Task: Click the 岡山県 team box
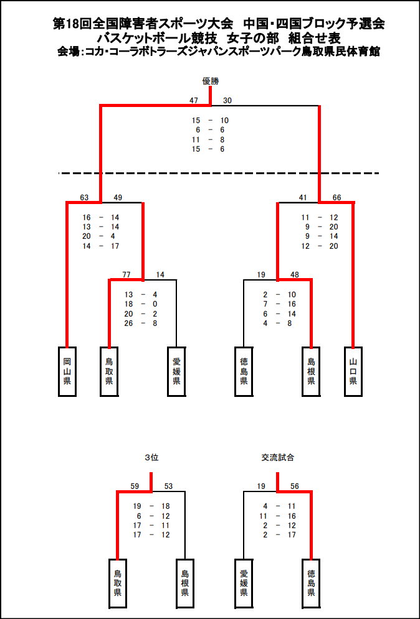[x=67, y=371]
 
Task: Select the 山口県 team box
[x=353, y=371]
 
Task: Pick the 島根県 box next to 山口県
[x=311, y=371]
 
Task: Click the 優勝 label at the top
[x=210, y=81]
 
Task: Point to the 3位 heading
[x=151, y=457]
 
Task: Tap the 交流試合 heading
[x=277, y=457]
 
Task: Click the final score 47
[x=194, y=101]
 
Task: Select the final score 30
[x=227, y=101]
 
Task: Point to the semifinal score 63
[x=84, y=198]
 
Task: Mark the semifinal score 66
[x=336, y=198]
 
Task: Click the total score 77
[x=126, y=274]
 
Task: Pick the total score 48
[x=295, y=274]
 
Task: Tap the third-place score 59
[x=135, y=486]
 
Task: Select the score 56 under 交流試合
[x=295, y=486]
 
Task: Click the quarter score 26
[x=129, y=323]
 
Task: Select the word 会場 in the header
[x=67, y=52]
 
